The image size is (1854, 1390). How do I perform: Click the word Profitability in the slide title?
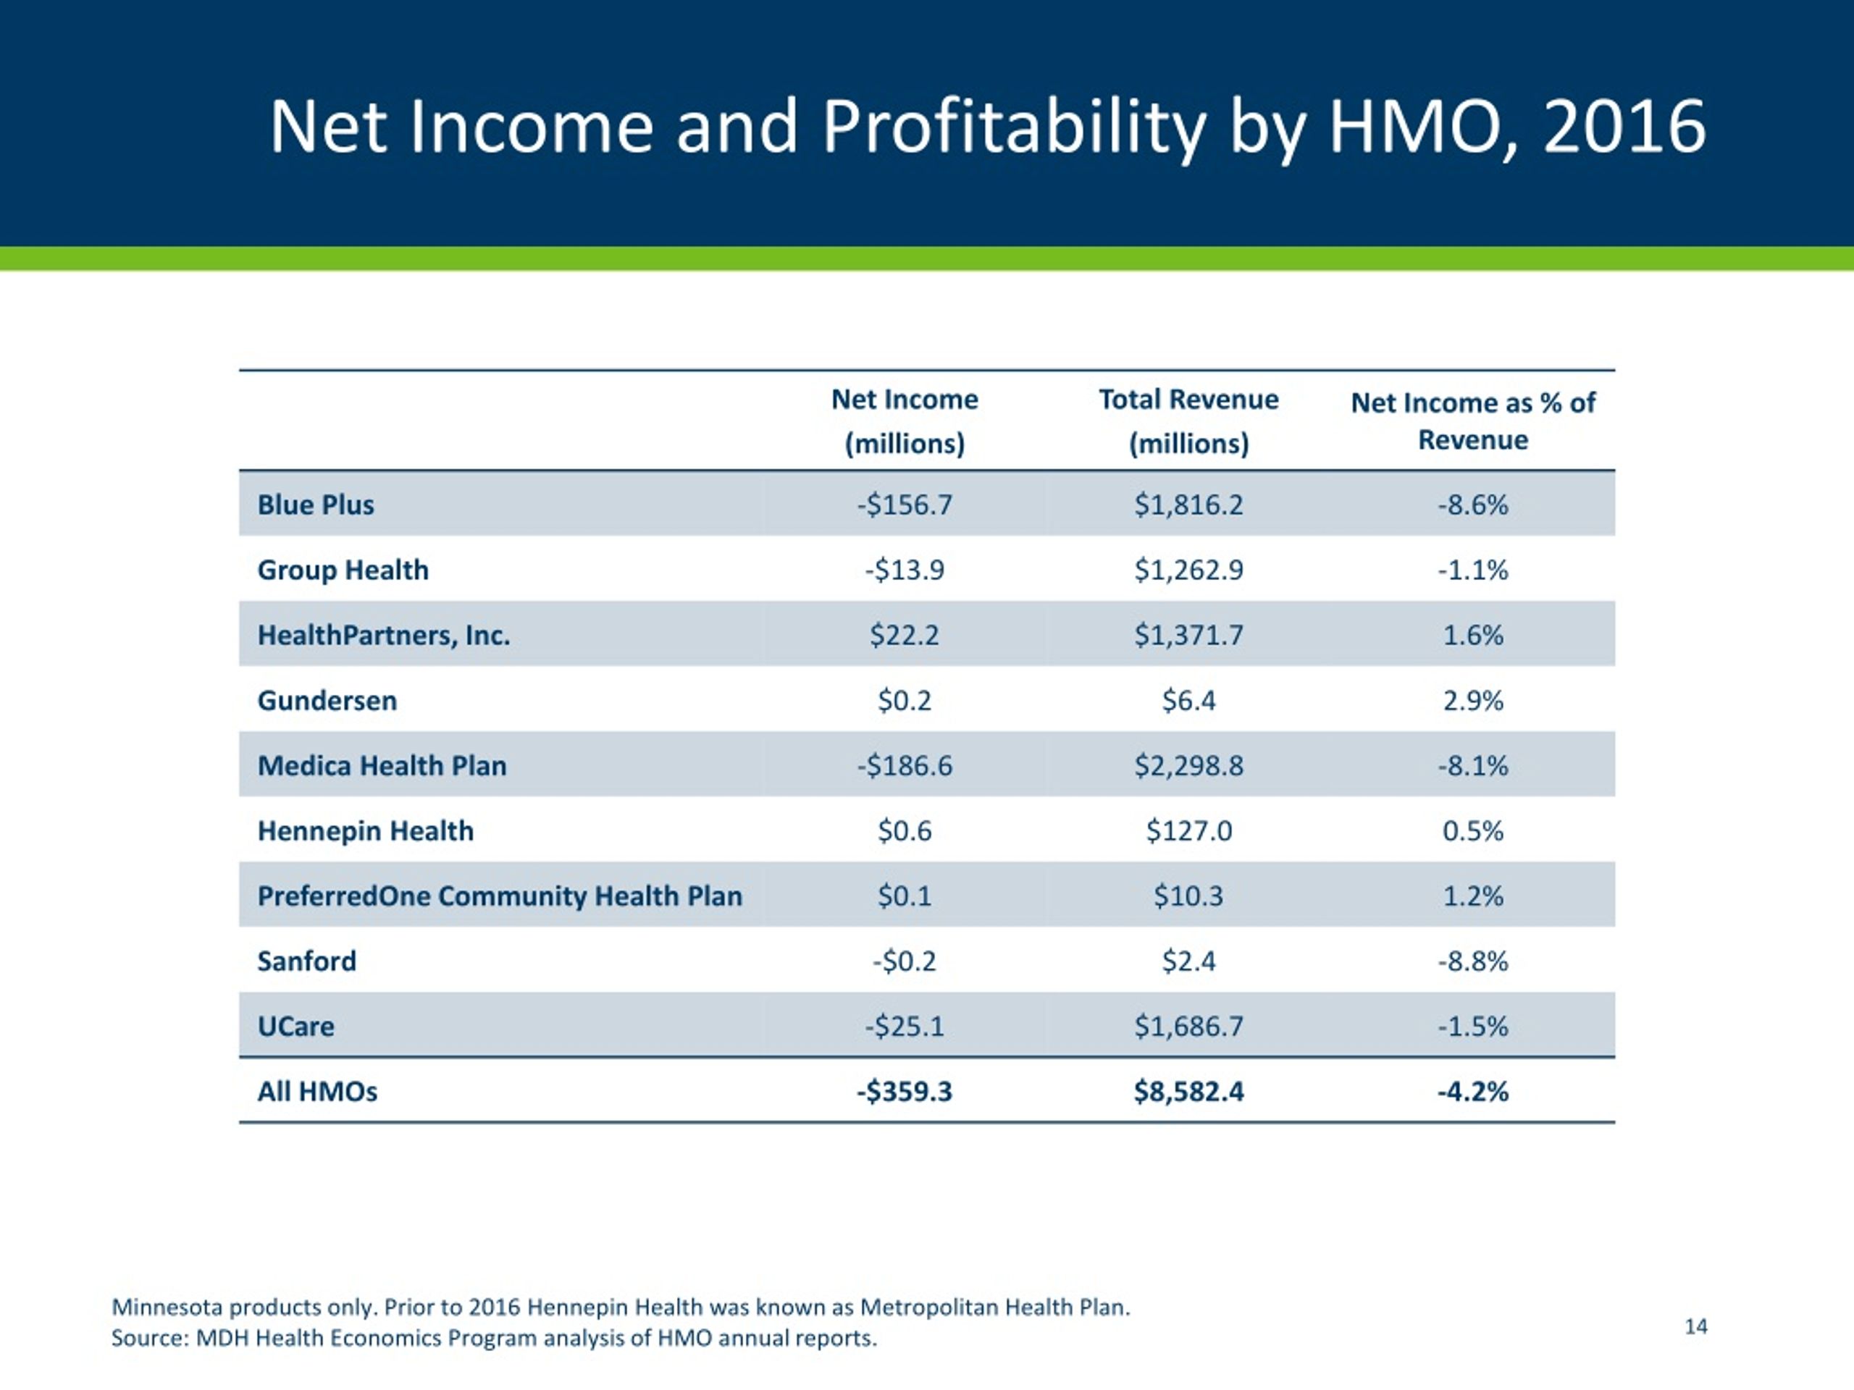coord(1013,128)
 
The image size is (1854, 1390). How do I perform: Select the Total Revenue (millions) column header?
coord(1188,421)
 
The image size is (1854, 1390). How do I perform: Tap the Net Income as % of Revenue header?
coord(1472,421)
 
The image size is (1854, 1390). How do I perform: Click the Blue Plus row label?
coord(315,505)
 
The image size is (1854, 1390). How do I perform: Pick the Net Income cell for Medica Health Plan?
coord(905,765)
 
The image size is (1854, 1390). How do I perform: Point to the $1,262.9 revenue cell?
coord(1188,570)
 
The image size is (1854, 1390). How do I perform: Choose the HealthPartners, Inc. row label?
coord(384,635)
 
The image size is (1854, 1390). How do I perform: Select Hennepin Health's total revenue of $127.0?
coord(1188,830)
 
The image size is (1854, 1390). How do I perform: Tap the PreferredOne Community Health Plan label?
coord(500,896)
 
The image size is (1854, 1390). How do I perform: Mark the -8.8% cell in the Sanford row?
coord(1472,960)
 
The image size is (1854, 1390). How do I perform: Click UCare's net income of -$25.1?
coord(905,1026)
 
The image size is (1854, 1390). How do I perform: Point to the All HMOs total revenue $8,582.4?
coord(1188,1091)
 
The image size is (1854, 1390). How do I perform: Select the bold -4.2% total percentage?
coord(1472,1091)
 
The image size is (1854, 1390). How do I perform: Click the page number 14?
coord(1695,1326)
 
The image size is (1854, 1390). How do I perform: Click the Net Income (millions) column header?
coord(905,421)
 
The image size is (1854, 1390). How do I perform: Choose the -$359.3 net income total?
coord(905,1091)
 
